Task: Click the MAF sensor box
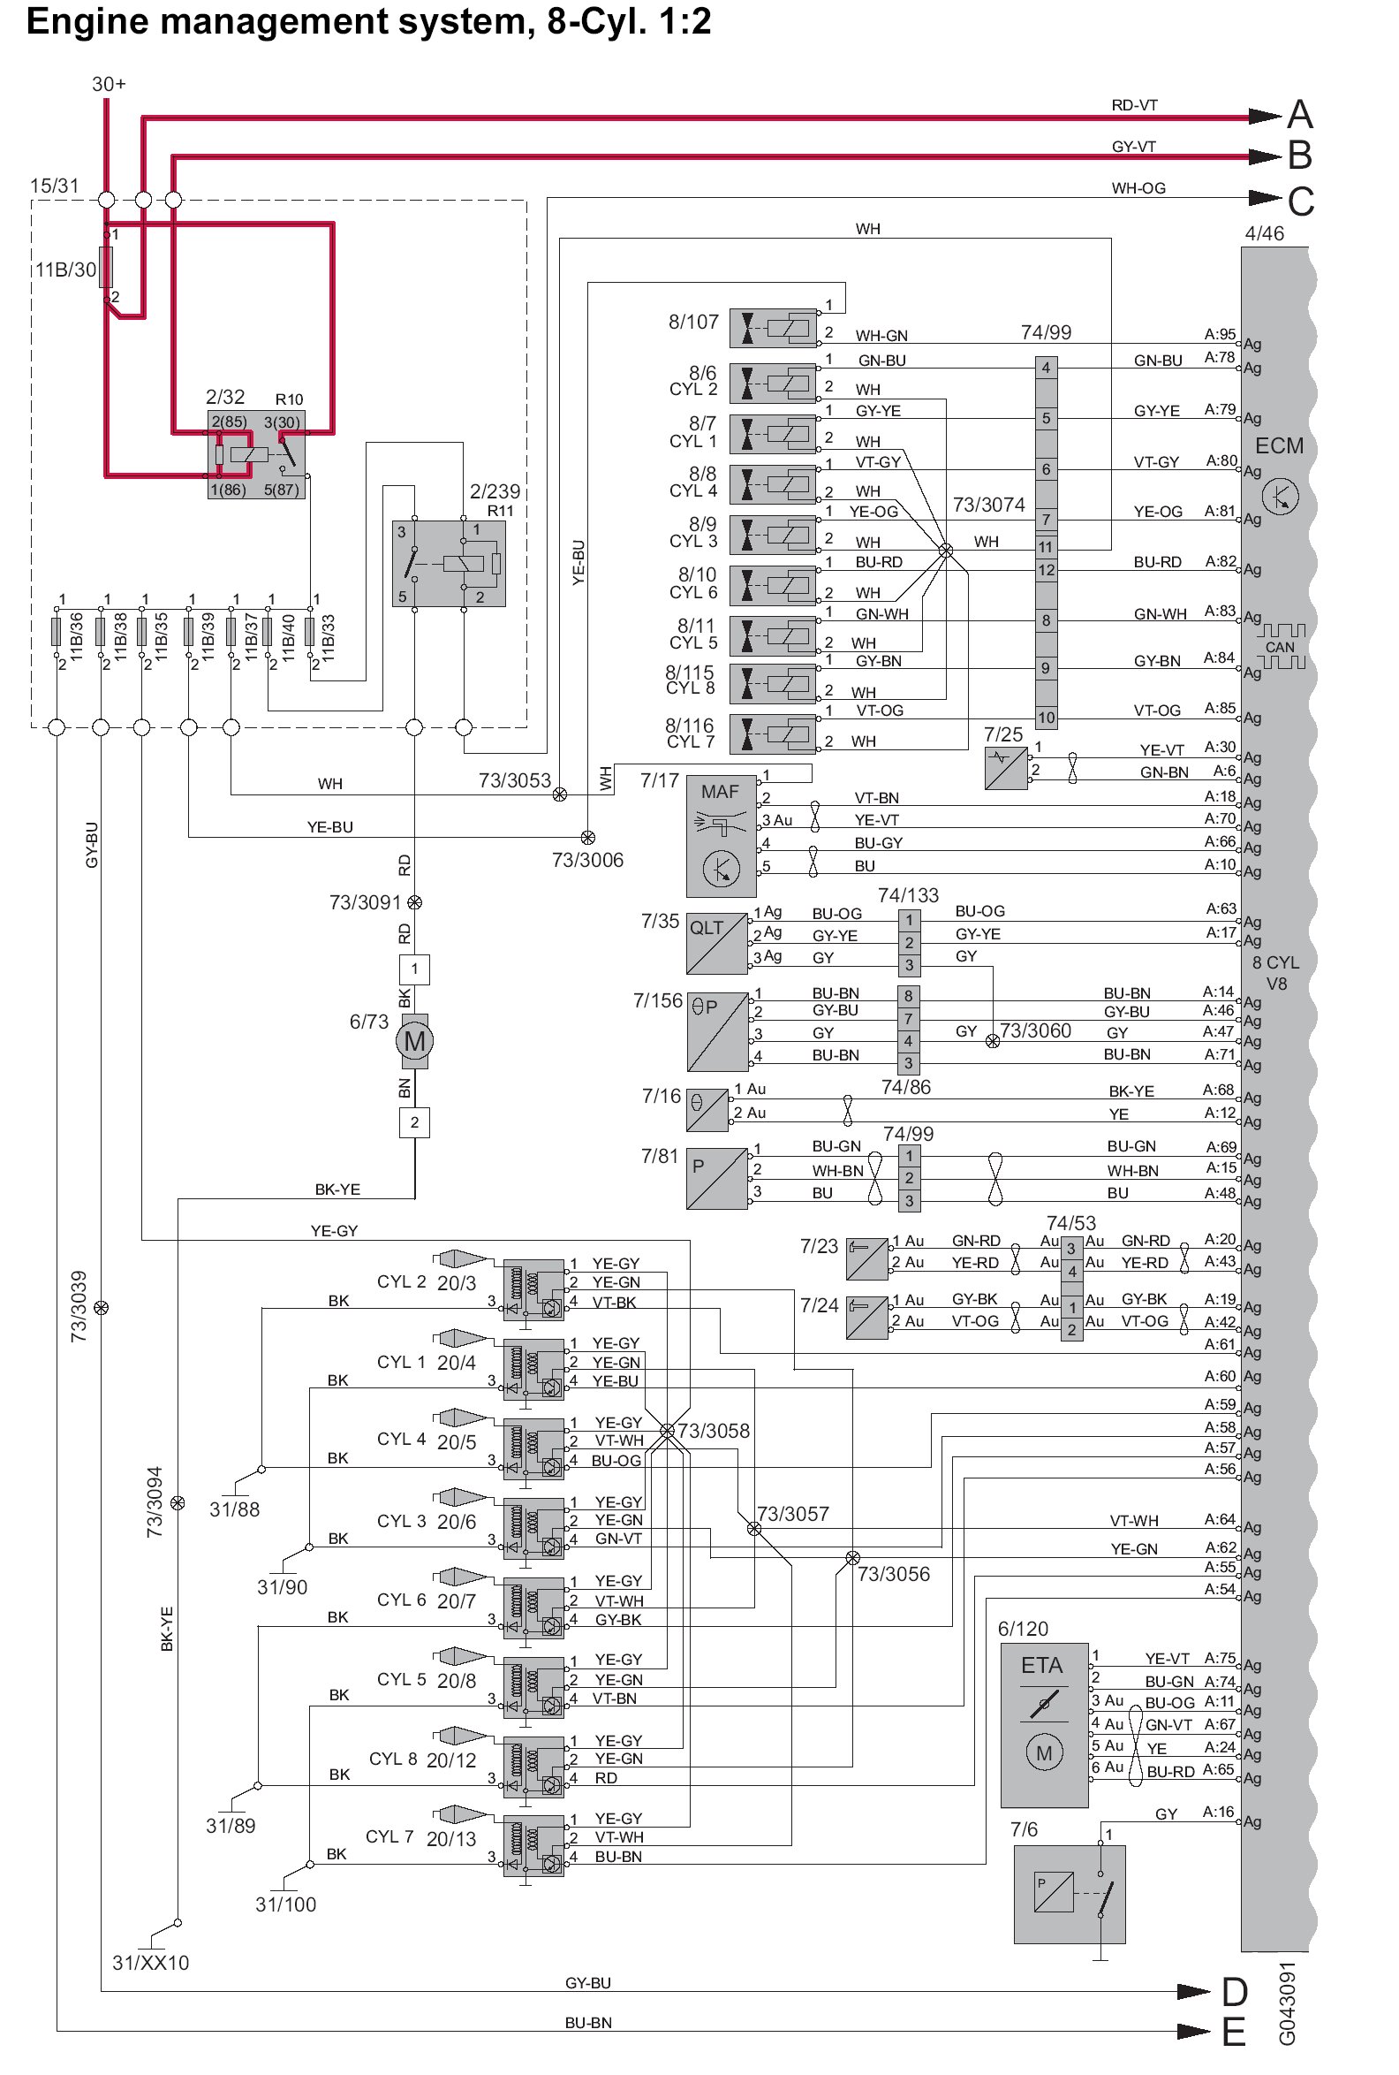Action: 720,835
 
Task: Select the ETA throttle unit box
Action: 1043,1724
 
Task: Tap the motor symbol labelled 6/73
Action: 414,1041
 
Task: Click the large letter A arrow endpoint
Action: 1299,115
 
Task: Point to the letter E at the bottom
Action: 1234,2033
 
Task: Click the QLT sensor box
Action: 716,942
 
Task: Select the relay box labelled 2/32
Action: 256,454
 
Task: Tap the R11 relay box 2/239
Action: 449,563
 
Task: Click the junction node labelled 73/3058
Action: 667,1431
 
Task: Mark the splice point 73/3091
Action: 414,902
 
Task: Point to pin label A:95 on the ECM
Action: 1220,335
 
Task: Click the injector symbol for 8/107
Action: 773,329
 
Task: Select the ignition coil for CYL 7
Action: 533,1846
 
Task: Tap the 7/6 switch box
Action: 1069,1894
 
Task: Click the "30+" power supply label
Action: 109,84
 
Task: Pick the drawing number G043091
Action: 1287,2003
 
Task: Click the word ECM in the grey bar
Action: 1279,445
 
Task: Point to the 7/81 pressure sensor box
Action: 716,1178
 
